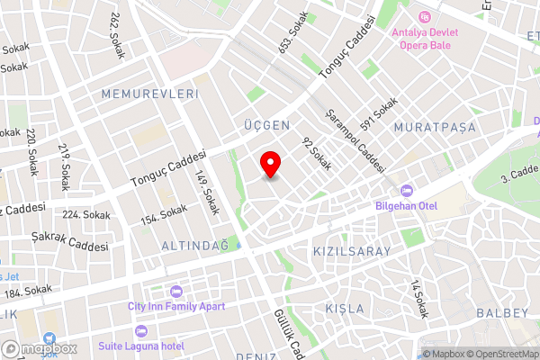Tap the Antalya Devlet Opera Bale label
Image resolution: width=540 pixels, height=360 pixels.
[x=426, y=39]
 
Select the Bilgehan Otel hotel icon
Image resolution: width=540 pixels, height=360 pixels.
[x=405, y=190]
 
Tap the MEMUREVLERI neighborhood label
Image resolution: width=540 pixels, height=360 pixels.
[x=149, y=94]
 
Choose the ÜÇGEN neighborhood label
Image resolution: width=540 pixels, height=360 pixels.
[x=266, y=124]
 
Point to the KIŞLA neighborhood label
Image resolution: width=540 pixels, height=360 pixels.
[x=344, y=309]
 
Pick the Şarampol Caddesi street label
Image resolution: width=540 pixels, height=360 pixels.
[x=356, y=141]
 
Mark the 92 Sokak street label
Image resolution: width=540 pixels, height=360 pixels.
[x=317, y=154]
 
